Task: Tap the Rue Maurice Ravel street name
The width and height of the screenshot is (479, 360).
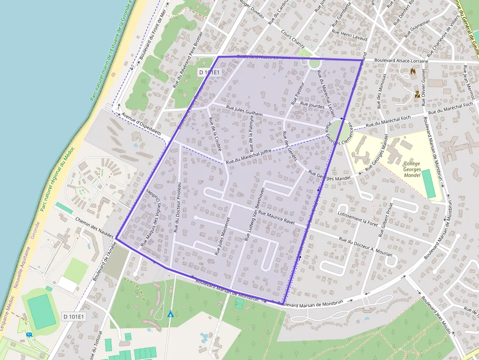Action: point(283,218)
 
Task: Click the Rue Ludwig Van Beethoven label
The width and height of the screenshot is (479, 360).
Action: point(255,214)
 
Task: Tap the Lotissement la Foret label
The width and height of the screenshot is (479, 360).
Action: point(358,218)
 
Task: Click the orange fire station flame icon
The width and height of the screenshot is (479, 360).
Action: point(413,72)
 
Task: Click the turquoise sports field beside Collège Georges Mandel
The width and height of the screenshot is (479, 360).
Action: point(429,184)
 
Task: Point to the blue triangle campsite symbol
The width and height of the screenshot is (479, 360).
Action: point(170,314)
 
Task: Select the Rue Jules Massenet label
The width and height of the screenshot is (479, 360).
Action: point(222,235)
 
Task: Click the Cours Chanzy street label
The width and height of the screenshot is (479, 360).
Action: point(293,39)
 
